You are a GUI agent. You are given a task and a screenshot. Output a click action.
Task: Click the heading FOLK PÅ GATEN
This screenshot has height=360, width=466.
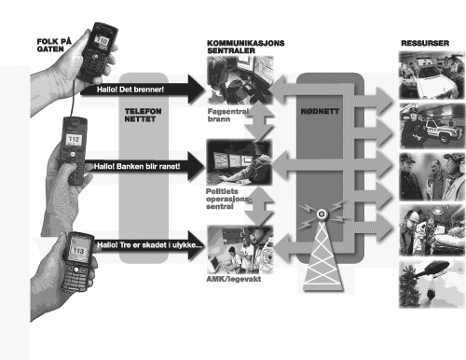click(54, 45)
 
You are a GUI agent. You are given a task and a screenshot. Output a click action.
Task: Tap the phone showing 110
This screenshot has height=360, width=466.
click(97, 51)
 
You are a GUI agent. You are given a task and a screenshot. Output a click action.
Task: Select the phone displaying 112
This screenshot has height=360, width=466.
click(74, 150)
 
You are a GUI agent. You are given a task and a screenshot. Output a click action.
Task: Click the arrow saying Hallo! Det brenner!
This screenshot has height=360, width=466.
click(143, 90)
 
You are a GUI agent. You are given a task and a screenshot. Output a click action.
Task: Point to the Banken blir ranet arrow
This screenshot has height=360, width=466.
click(144, 166)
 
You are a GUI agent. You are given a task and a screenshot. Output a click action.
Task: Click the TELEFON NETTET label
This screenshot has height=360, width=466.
click(143, 115)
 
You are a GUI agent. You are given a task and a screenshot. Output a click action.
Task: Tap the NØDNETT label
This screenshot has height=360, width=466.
click(320, 111)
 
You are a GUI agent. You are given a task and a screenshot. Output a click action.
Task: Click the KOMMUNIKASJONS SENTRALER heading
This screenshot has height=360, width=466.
click(245, 47)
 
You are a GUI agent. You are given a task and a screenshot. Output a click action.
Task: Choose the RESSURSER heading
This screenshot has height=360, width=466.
click(425, 43)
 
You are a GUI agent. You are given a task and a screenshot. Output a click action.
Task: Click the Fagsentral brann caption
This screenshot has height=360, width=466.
click(228, 115)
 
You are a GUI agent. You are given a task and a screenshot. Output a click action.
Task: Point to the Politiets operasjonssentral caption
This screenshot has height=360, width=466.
click(228, 199)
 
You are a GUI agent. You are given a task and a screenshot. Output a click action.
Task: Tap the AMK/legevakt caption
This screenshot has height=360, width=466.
click(234, 279)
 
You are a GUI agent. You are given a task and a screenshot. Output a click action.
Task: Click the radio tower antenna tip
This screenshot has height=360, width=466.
click(322, 214)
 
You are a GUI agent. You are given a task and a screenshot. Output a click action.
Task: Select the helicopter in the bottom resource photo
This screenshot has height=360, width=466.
click(432, 269)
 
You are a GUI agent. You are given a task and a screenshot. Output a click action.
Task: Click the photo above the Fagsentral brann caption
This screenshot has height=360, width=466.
click(240, 80)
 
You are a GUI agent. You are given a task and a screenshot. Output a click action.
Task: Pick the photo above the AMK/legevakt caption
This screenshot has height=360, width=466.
click(240, 250)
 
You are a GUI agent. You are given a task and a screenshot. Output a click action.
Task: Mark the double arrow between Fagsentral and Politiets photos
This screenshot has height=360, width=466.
click(259, 121)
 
